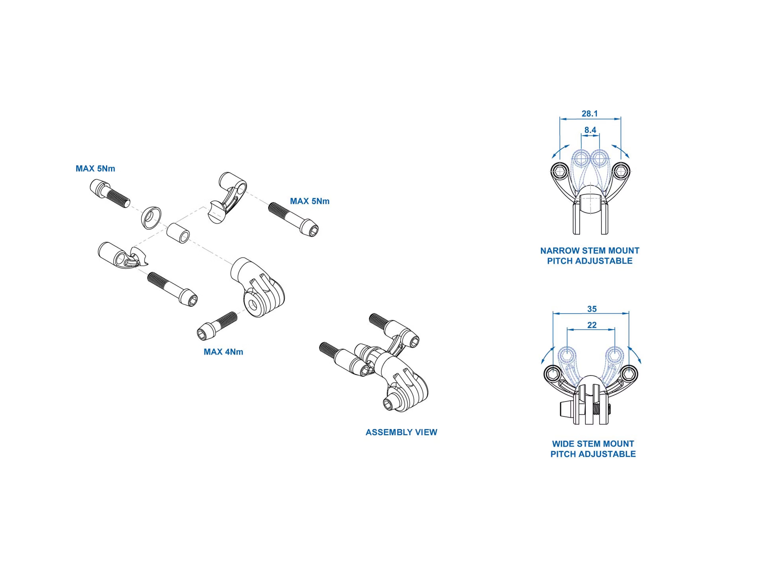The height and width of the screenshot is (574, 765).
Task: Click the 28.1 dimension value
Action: click(x=590, y=113)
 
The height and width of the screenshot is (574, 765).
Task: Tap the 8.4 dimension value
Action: click(x=590, y=130)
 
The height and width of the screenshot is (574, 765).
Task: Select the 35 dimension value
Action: click(x=592, y=309)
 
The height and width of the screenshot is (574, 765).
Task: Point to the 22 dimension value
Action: click(x=592, y=325)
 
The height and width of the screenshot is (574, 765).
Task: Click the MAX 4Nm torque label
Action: click(x=223, y=352)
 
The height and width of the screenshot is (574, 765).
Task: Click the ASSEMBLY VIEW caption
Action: click(x=401, y=432)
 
